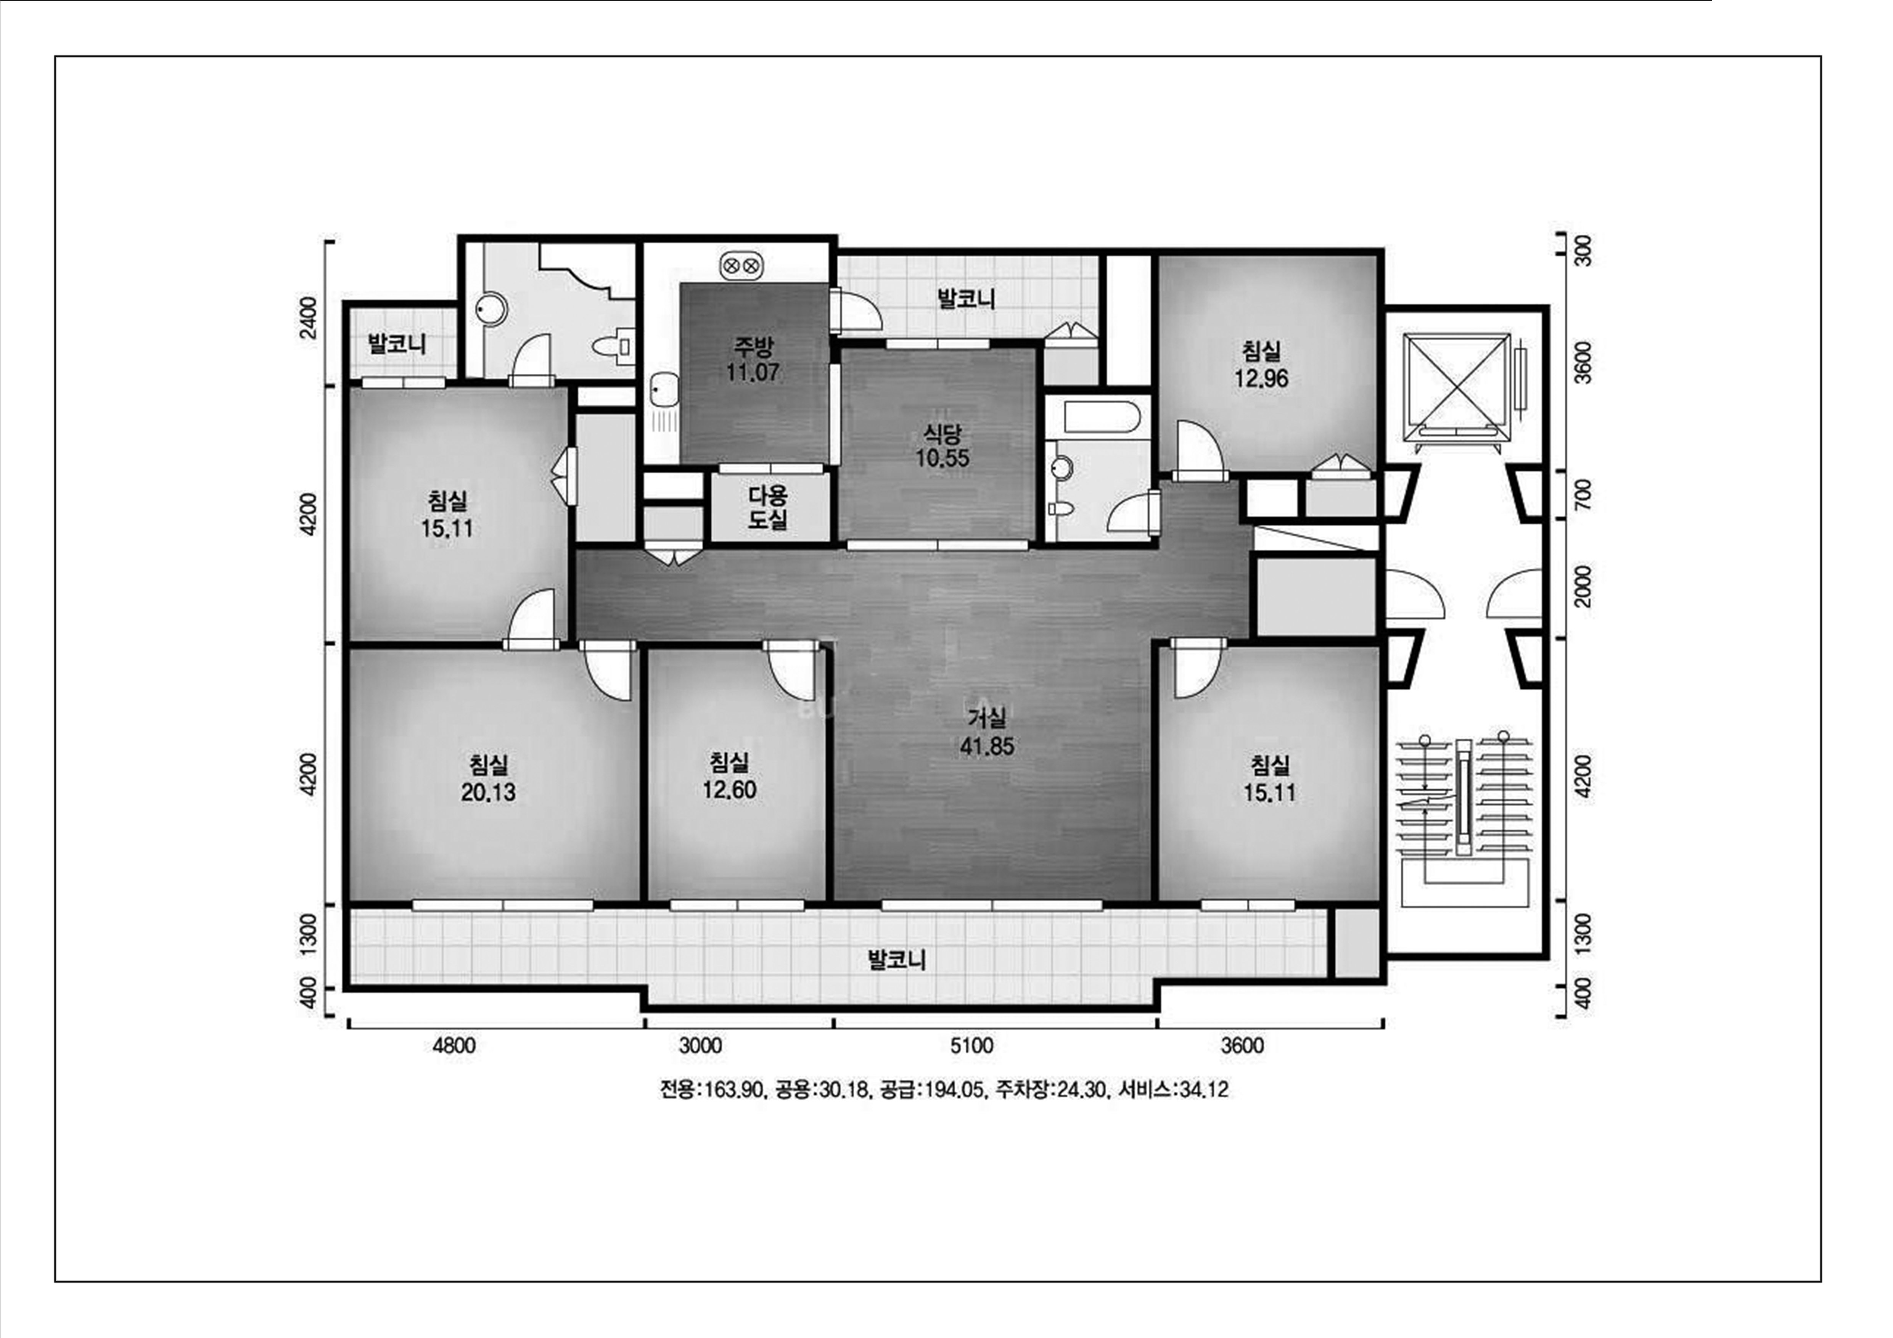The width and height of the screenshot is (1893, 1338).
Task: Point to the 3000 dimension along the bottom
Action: click(x=700, y=1046)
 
